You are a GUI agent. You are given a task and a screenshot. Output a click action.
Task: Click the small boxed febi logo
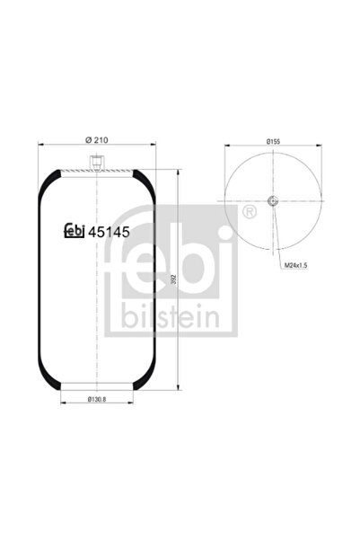74,231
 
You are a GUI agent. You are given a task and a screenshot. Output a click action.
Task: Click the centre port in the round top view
273,200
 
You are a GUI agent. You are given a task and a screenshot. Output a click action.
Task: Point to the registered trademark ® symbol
248,212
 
